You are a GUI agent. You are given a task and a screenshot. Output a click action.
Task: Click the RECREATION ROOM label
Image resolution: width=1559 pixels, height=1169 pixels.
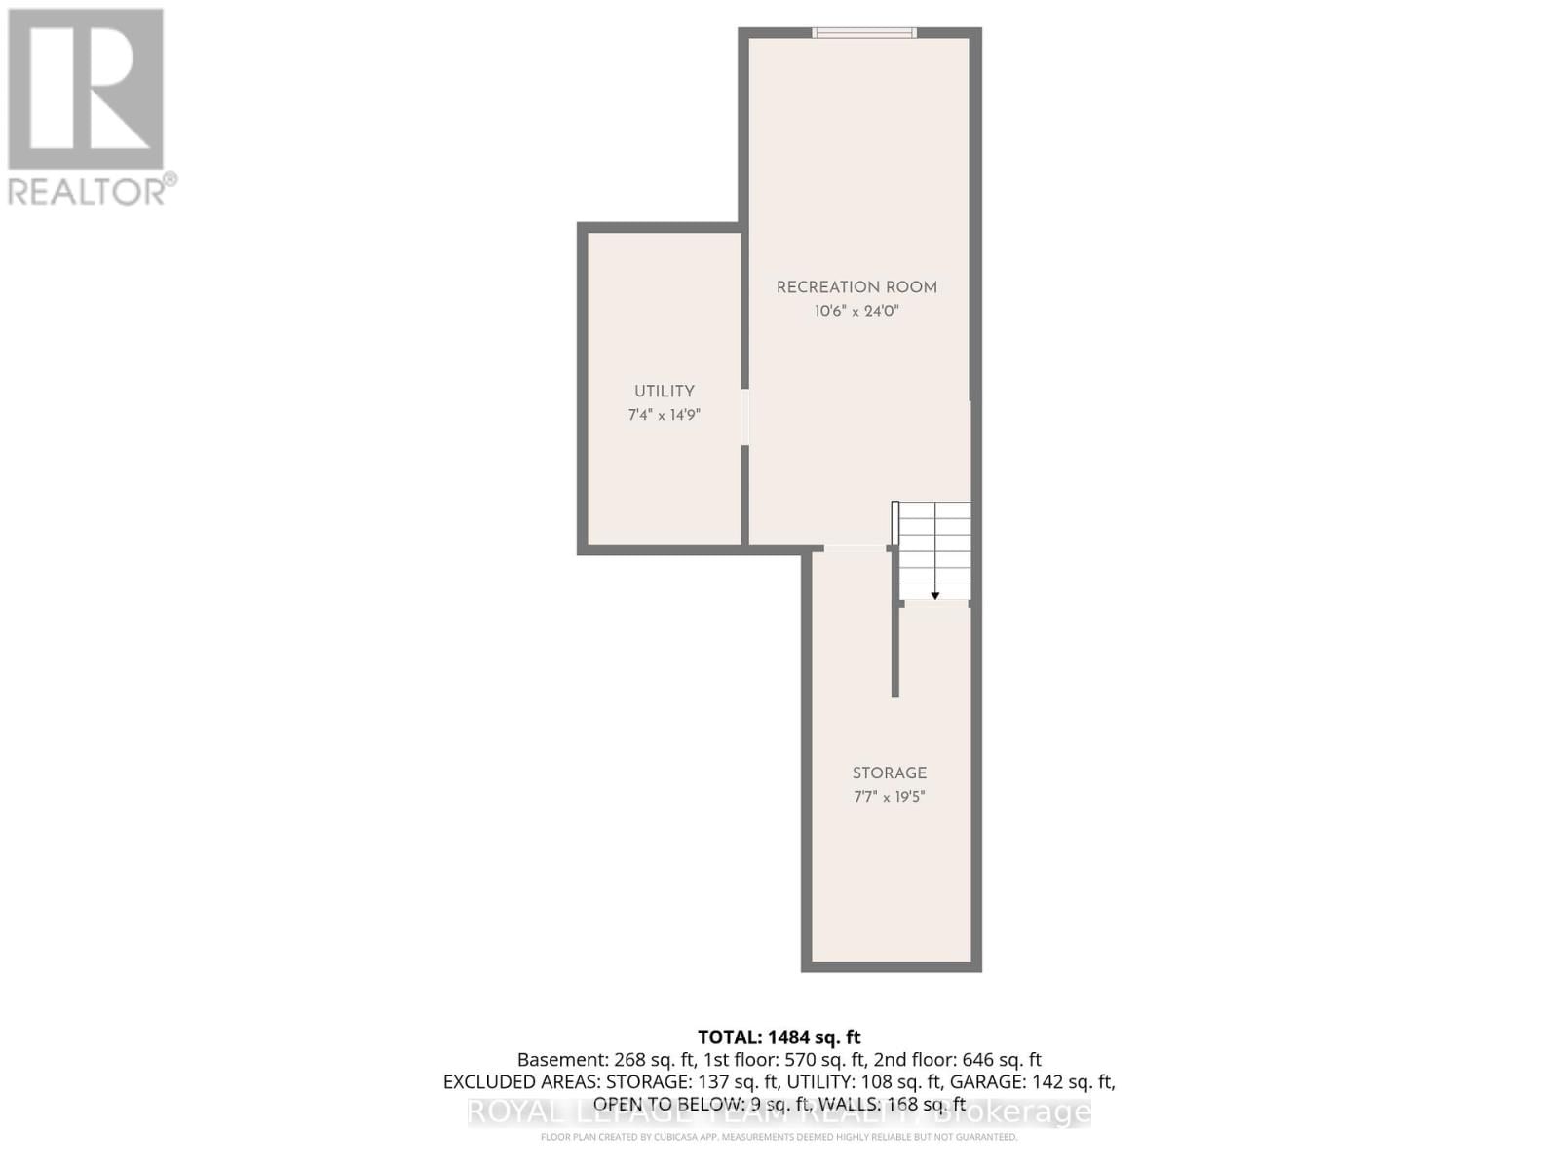pos(856,287)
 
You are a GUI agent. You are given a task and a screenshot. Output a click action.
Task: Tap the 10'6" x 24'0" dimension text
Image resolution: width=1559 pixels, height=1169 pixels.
pos(856,312)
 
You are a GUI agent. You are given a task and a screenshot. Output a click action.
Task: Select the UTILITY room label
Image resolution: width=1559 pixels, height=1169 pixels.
pos(665,391)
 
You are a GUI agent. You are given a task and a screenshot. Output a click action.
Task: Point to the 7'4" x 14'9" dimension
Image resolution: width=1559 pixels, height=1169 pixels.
pos(665,415)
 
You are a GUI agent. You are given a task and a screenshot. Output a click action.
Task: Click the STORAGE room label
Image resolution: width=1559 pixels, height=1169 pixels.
pos(890,773)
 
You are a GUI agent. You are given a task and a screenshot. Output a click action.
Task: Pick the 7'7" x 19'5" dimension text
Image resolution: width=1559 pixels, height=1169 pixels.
pos(890,797)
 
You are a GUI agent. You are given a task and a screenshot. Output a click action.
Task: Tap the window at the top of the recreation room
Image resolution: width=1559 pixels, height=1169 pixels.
pos(864,33)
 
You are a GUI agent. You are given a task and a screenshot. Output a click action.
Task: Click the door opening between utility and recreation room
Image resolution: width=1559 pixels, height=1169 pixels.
pos(745,418)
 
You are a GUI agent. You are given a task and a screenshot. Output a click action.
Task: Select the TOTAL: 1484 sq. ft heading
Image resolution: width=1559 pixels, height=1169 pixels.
pos(779,1037)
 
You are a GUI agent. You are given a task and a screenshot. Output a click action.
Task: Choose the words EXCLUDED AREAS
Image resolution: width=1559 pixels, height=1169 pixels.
pos(520,1081)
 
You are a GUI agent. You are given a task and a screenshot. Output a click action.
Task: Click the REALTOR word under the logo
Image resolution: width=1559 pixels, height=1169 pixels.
pos(88,190)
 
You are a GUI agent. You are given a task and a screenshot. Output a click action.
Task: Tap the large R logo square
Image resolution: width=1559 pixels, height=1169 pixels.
pos(86,90)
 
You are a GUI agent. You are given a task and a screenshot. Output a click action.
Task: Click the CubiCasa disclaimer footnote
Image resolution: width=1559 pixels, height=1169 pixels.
pos(779,1137)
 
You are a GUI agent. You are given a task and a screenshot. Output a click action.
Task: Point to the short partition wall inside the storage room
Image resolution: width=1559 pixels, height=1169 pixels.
pos(895,648)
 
